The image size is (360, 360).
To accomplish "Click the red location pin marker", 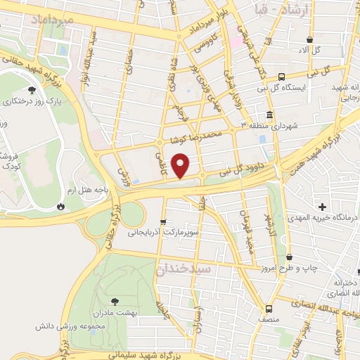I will [x=181, y=166].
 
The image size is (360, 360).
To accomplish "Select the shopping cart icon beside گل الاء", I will [x=308, y=39].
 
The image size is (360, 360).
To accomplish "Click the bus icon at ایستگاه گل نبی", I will [x=281, y=76].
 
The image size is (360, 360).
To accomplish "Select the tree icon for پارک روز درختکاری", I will [x=32, y=89].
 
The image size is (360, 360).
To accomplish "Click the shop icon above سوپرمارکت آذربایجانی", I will [x=163, y=221].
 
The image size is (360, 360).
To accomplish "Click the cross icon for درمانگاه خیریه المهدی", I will [x=322, y=207].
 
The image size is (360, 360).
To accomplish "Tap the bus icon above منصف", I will [x=269, y=309].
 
